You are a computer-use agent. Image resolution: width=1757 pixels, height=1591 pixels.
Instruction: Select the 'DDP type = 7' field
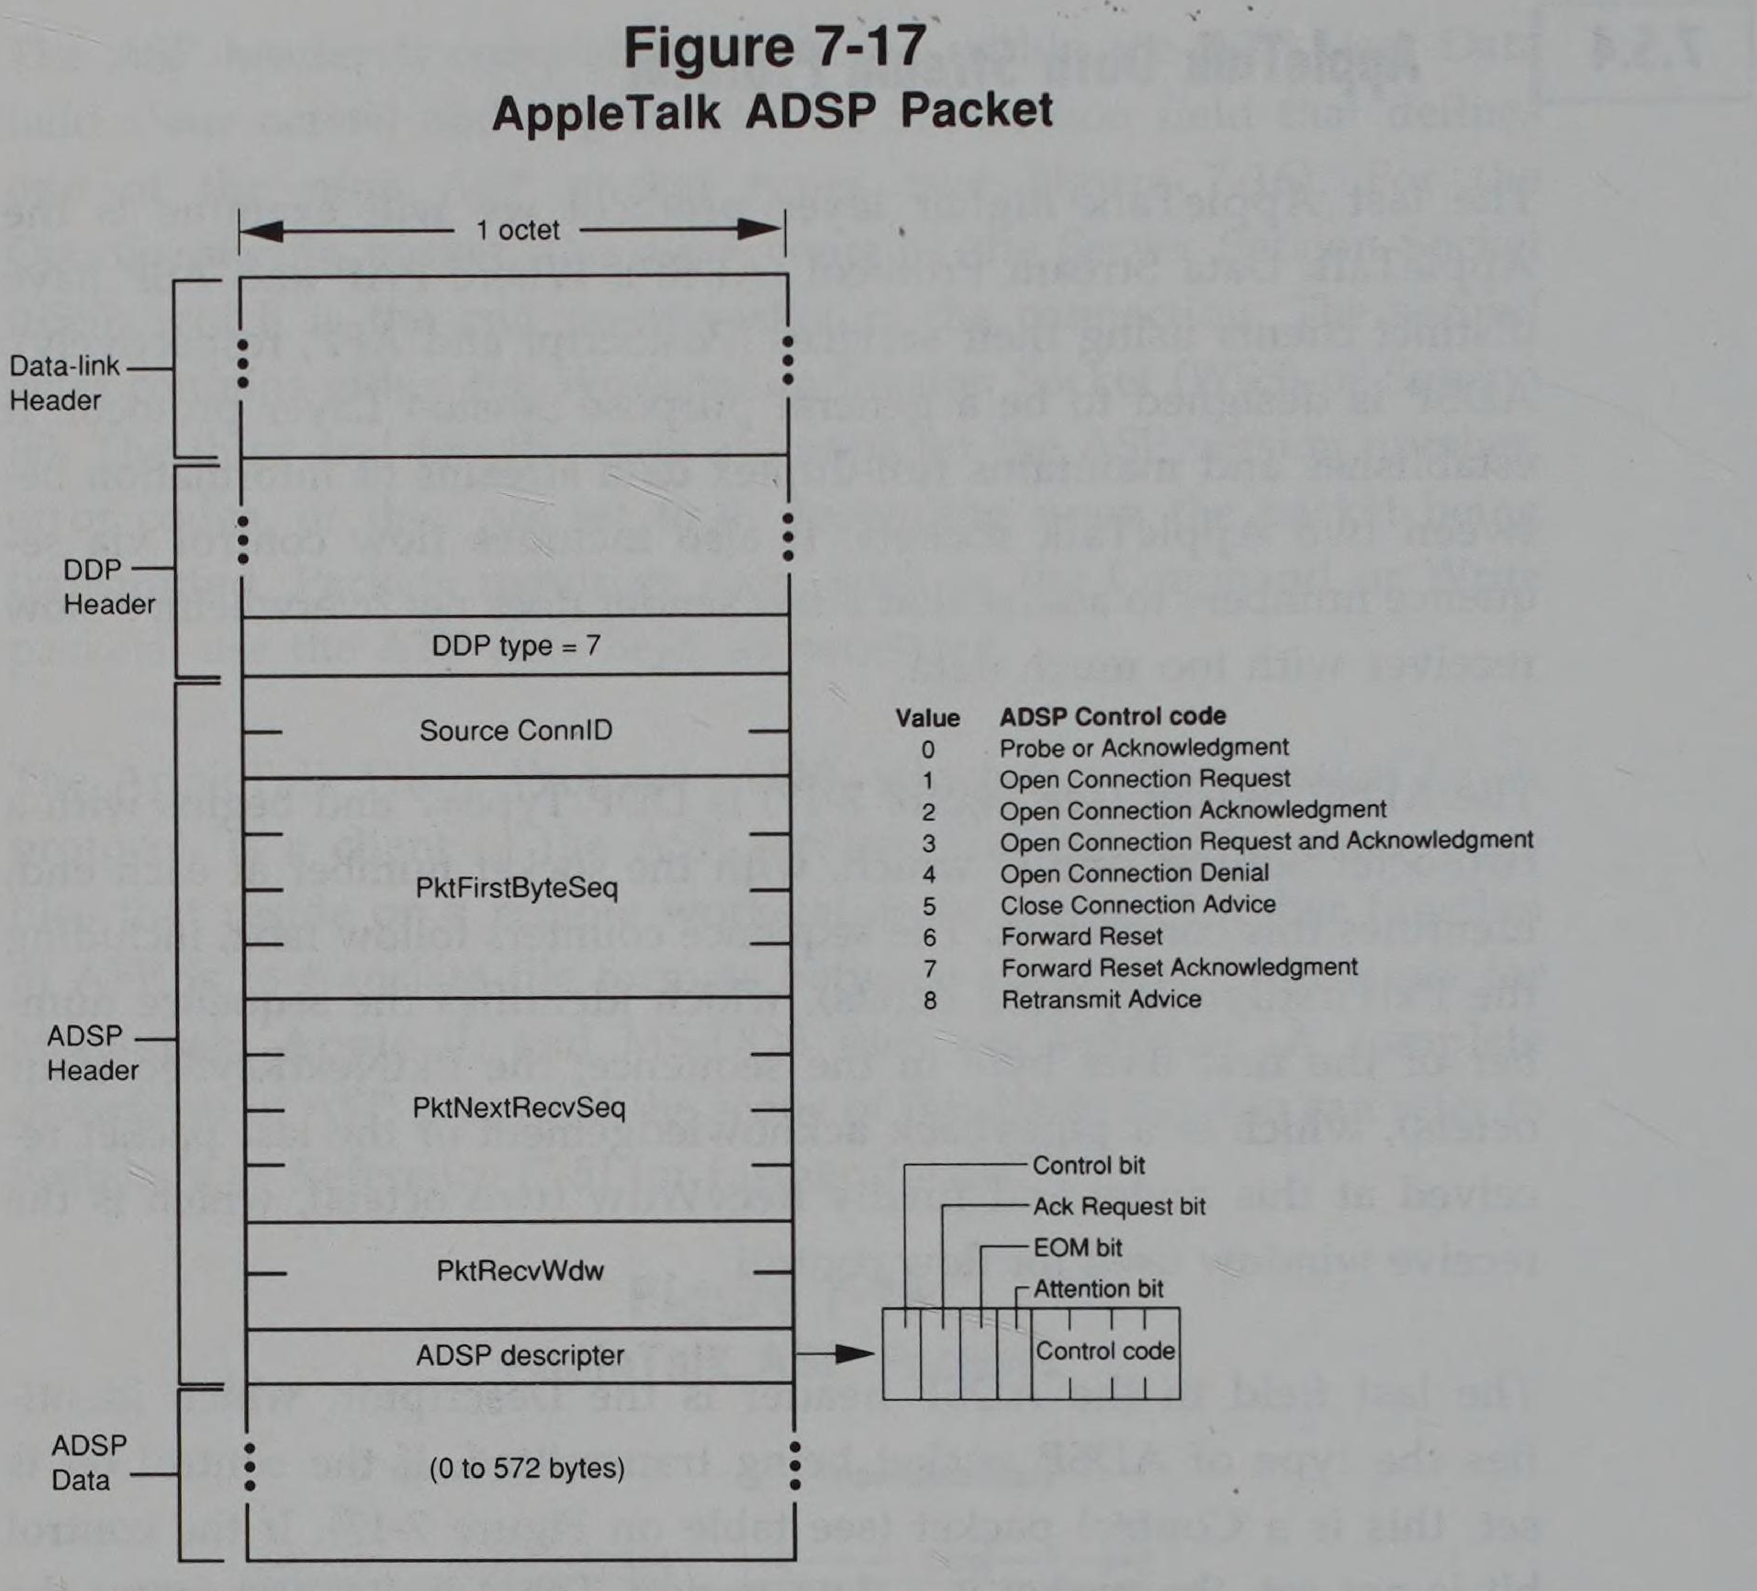(x=516, y=646)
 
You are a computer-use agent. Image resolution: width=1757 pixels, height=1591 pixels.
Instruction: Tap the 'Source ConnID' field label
(x=516, y=730)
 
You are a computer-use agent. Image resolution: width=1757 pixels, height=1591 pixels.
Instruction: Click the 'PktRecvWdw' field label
(x=520, y=1270)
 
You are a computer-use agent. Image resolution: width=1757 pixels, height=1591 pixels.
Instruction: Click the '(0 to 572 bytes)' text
(x=526, y=1468)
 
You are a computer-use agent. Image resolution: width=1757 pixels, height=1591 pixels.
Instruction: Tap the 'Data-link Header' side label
(x=64, y=383)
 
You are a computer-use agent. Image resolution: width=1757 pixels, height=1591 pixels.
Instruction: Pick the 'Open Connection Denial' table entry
(x=1134, y=873)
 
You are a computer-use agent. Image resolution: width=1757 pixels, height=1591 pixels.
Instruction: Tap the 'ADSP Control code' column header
(x=1112, y=716)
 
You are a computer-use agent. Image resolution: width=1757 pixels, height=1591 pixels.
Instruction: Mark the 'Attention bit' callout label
(x=1098, y=1289)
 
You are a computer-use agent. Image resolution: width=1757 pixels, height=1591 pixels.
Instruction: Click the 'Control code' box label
(x=1105, y=1351)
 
